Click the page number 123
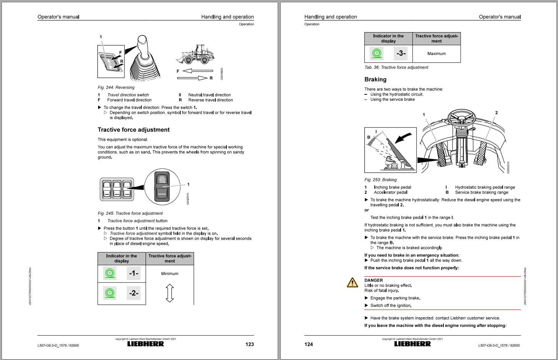249,344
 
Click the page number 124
309,344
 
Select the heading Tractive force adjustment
134,130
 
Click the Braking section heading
375,79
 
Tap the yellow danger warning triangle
352,282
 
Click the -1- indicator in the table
134,273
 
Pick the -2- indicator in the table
134,293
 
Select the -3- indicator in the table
401,54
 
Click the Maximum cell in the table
437,54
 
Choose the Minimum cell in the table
170,274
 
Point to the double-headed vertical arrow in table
170,293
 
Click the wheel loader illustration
196,54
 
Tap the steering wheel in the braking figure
464,119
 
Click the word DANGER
374,280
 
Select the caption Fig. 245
130,213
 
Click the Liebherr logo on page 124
412,344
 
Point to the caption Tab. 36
396,67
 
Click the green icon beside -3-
377,54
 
